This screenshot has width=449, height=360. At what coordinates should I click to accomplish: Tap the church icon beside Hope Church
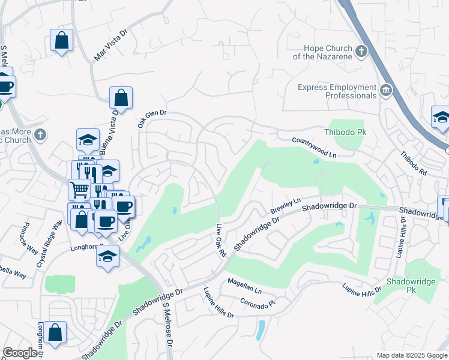[x=361, y=51]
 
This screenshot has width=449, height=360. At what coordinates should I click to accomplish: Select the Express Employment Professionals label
[x=337, y=91]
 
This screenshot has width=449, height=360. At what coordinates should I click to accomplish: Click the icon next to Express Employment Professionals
[x=386, y=91]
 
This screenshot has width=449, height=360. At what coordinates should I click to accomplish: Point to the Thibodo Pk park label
[x=345, y=132]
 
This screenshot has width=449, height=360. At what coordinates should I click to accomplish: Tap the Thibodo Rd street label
[x=415, y=163]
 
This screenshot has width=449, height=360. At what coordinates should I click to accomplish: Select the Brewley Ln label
[x=285, y=206]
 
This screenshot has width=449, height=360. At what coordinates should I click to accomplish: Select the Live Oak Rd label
[x=220, y=241]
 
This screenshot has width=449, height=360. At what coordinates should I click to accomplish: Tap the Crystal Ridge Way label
[x=49, y=244]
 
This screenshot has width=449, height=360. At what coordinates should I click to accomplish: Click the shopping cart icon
[x=79, y=190]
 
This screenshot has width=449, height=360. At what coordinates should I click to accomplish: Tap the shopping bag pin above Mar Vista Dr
[x=61, y=41]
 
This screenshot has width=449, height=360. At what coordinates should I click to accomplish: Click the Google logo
[x=20, y=353]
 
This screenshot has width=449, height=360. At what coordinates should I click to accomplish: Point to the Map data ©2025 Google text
[x=411, y=355]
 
